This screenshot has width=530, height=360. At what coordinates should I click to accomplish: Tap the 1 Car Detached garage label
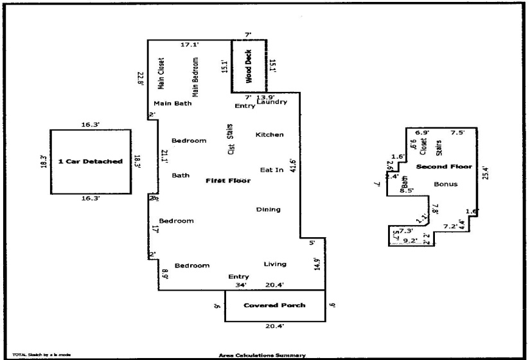(90, 161)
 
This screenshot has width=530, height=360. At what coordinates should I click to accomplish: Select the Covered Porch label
(274, 305)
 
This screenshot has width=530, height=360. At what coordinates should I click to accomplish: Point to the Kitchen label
(269, 134)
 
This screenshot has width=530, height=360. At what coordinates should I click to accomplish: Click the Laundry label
(272, 102)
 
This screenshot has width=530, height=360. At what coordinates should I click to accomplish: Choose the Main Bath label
(172, 104)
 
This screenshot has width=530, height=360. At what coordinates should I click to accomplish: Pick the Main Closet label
(161, 74)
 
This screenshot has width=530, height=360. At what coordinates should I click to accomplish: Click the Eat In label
(271, 170)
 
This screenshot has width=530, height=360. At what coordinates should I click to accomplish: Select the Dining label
(269, 210)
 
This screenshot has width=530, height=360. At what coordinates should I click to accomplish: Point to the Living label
(275, 264)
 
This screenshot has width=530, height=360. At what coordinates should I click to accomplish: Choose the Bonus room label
(445, 184)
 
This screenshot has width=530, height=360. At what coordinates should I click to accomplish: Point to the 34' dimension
(242, 285)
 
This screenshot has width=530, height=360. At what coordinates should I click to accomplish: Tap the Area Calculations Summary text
(262, 355)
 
